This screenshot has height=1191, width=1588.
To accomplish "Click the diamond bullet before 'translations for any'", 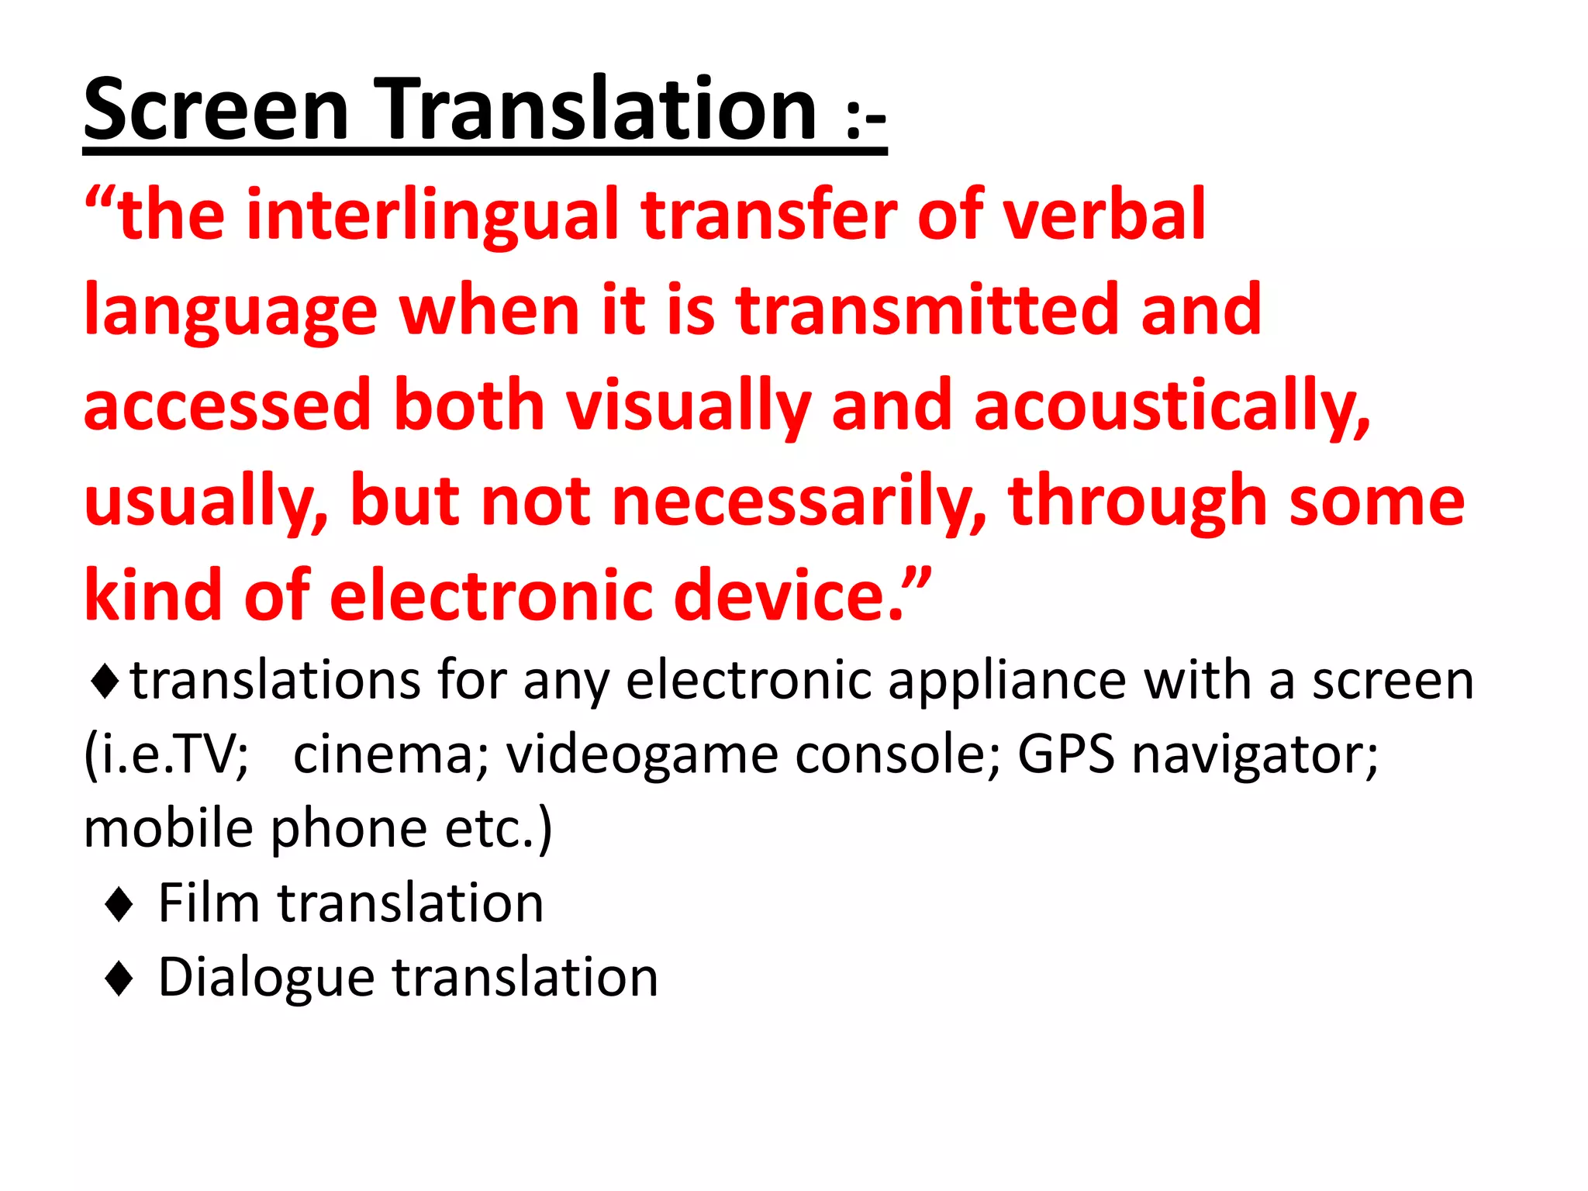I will pos(104,682).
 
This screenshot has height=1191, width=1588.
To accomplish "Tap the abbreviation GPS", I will pos(1065,754).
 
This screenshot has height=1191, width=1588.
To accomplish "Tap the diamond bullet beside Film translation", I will pos(119,904).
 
